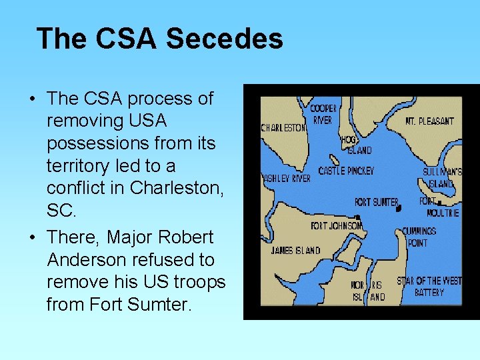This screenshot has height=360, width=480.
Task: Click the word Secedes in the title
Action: [x=224, y=39]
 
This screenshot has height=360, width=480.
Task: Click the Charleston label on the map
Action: [x=283, y=127]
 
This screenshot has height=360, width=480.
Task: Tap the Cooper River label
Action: [x=323, y=114]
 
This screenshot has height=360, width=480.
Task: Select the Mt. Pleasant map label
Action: [x=429, y=121]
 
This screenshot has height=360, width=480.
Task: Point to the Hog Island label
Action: [x=355, y=145]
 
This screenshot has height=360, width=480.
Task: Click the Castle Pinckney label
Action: [x=345, y=171]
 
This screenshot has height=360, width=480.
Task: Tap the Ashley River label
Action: [x=286, y=179]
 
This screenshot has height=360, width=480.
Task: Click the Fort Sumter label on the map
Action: [x=376, y=202]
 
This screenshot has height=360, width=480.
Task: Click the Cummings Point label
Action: [x=419, y=237]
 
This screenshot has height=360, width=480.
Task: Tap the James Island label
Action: [x=295, y=251]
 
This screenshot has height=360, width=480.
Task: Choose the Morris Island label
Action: [x=368, y=291]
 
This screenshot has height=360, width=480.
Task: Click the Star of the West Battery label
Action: [x=429, y=287]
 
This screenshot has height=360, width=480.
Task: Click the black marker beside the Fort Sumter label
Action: [x=399, y=208]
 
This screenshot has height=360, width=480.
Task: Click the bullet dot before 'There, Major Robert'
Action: [x=32, y=238]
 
